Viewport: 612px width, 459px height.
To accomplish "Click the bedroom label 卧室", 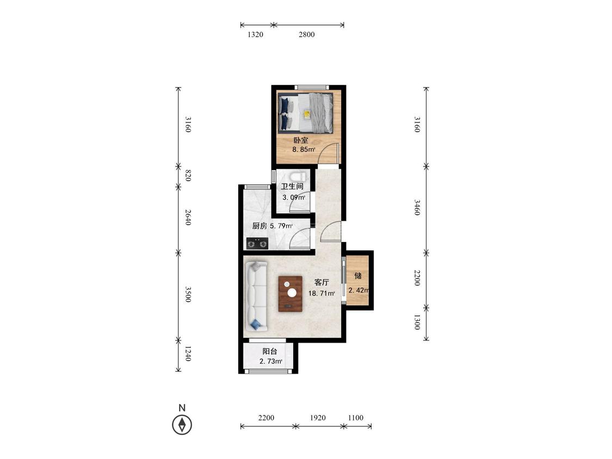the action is (x=301, y=140).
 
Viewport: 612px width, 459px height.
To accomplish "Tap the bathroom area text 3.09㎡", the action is (x=294, y=197).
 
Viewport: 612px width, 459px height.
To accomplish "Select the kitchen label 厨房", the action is (x=259, y=226).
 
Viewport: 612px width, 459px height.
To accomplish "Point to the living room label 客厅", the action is (x=322, y=282).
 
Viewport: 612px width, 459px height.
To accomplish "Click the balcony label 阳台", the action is (x=270, y=351).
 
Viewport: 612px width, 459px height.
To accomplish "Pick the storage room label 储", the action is (x=358, y=276).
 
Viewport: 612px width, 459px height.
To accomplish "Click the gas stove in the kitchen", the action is (x=257, y=244).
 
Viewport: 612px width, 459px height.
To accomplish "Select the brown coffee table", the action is (x=290, y=294).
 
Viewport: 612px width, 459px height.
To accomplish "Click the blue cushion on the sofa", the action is (x=256, y=324).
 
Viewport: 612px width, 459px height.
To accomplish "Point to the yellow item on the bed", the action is (x=307, y=114).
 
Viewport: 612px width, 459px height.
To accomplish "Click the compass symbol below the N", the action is (x=182, y=425).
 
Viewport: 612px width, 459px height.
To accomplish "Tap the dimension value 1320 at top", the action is (x=255, y=34).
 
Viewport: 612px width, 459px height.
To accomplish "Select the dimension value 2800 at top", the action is (x=307, y=34).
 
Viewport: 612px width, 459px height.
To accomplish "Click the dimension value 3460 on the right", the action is (x=417, y=207).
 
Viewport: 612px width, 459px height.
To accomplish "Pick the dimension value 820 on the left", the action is (x=188, y=176).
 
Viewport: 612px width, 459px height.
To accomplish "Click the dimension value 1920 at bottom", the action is (x=318, y=418).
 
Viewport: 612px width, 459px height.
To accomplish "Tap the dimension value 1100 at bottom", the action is (x=356, y=418).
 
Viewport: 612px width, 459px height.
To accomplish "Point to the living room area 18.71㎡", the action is (x=322, y=294).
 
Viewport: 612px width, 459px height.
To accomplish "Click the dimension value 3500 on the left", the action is (x=188, y=294).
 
